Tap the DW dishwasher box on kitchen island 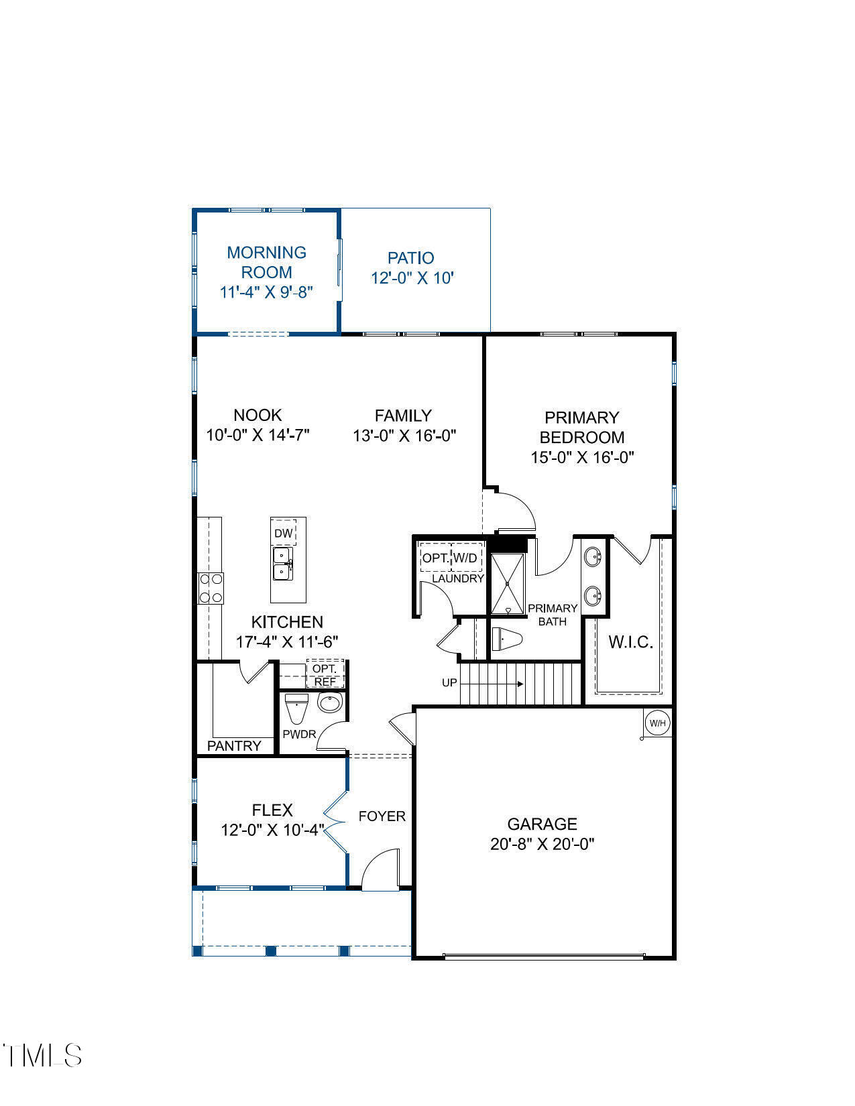[x=284, y=534]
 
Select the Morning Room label [x=266, y=262]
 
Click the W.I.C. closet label [x=630, y=642]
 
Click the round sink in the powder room [x=330, y=702]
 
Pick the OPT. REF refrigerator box [x=325, y=675]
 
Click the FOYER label [x=382, y=816]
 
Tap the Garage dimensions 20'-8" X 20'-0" [x=542, y=844]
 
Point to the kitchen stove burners [x=211, y=589]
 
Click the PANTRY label [x=234, y=745]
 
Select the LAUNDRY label [x=458, y=578]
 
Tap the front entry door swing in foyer [x=379, y=871]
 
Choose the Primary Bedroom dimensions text [x=582, y=457]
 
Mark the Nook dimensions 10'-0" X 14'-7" [x=258, y=435]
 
